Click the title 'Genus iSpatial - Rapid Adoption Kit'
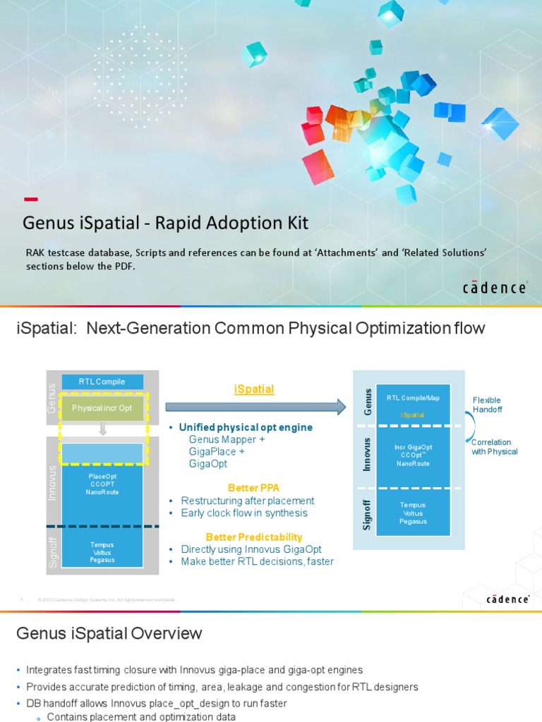[x=165, y=223]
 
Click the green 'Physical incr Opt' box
[x=102, y=408]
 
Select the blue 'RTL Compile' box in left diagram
[x=102, y=381]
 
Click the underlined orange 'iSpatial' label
[x=254, y=389]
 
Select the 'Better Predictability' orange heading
[x=254, y=537]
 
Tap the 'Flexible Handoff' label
[x=487, y=405]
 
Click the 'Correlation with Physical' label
[x=494, y=447]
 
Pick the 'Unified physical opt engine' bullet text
[x=246, y=427]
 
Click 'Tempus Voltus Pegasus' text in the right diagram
[x=413, y=513]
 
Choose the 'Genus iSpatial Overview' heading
[x=109, y=634]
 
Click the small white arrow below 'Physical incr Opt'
[x=102, y=428]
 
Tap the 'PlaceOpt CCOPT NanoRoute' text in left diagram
[x=102, y=484]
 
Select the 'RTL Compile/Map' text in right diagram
[x=413, y=398]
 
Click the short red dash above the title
[x=31, y=199]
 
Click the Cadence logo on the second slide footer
[x=508, y=599]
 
